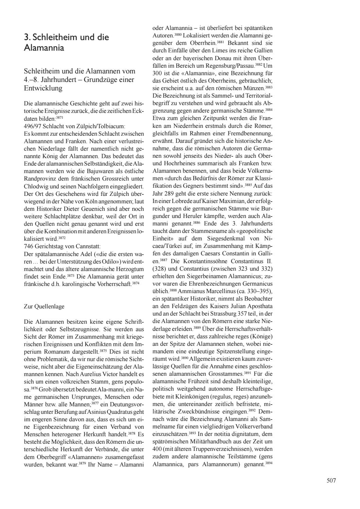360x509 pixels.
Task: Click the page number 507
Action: [331, 480]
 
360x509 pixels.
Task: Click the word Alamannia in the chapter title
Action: [44, 48]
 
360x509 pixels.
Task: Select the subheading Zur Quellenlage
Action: [44, 306]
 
